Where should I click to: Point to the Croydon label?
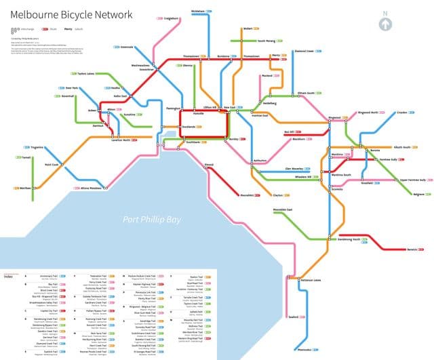[402, 113]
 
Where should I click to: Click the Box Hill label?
[290, 133]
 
